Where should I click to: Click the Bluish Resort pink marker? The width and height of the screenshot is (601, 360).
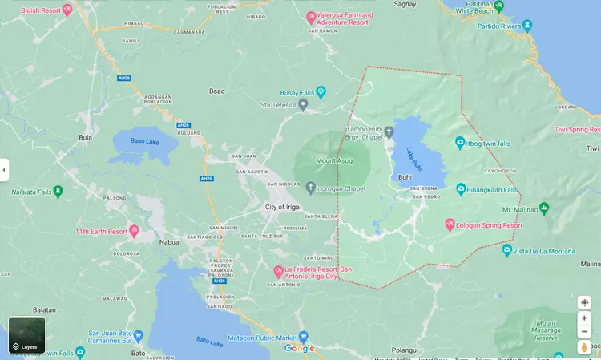point(67,10)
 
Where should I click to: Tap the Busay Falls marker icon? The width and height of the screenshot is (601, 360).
point(321,92)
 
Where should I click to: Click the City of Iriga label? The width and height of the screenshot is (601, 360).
point(288,207)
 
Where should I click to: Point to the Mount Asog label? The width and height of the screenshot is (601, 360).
point(333,160)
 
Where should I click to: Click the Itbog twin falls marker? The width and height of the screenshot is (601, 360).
point(460,143)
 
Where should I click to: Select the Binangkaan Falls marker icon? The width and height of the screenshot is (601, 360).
point(461,189)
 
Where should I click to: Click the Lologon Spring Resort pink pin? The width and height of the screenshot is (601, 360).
point(450,224)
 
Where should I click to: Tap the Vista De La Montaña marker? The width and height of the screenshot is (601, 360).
point(506,250)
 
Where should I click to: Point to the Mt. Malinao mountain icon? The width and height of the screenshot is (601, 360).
point(544,208)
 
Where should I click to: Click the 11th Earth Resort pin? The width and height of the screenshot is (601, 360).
point(134,231)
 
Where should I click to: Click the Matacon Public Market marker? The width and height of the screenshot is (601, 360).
point(303,337)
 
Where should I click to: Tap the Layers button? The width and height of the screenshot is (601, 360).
point(26,335)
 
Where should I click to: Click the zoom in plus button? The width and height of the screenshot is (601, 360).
point(584,318)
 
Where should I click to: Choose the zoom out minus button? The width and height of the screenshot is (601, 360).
point(584,331)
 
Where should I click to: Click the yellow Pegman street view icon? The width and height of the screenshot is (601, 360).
point(584,347)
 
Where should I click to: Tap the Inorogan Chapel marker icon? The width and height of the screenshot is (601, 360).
point(311,188)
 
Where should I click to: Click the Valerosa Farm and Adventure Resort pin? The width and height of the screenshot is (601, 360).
point(312,17)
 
